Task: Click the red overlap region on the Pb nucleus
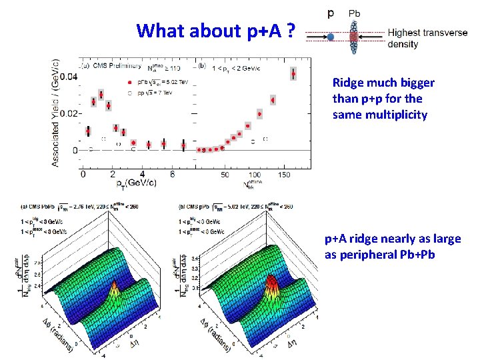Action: coord(354,31)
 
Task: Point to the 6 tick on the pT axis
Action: coord(172,175)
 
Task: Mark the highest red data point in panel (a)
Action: coord(101,95)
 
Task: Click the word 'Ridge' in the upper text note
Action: coord(347,83)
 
